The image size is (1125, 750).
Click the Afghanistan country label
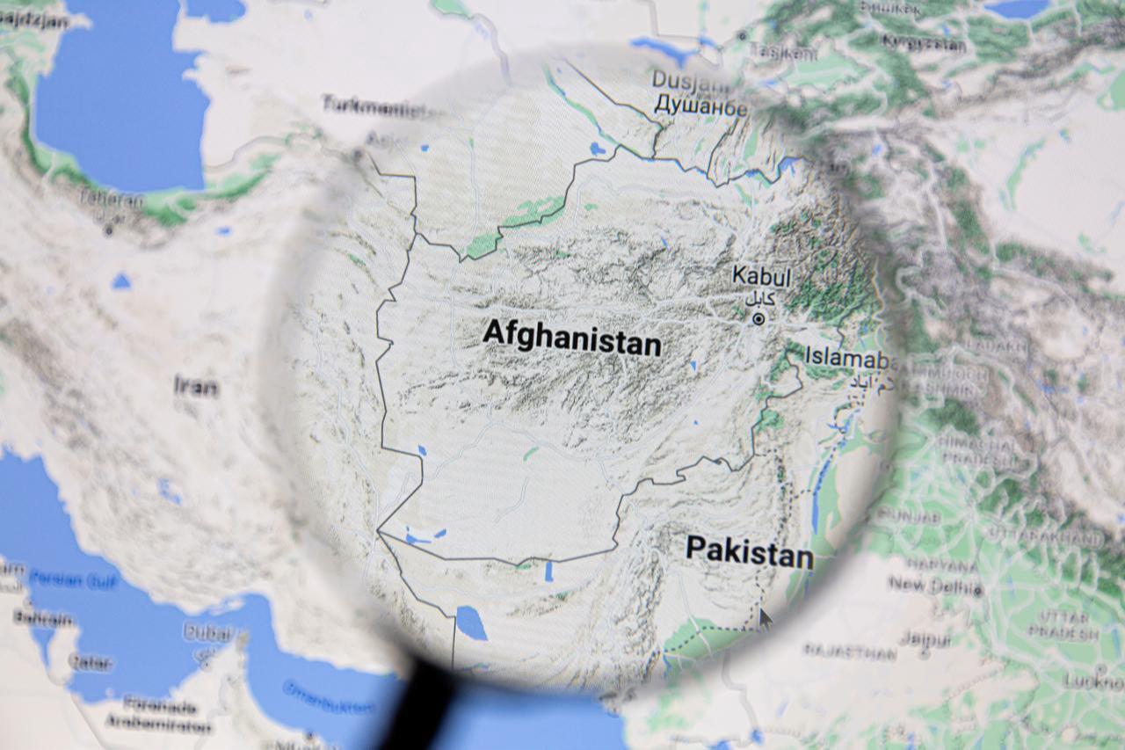[571, 337]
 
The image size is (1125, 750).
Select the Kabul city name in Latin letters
[761, 275]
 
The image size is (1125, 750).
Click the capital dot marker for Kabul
[758, 320]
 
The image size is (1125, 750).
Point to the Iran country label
[195, 385]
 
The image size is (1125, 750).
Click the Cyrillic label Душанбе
[700, 107]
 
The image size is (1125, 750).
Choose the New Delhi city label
[933, 584]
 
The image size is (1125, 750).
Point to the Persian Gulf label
[72, 579]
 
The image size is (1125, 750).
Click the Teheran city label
[111, 200]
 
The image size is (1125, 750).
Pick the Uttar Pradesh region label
[1063, 624]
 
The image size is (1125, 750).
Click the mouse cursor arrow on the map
[765, 618]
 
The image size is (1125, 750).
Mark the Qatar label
[91, 662]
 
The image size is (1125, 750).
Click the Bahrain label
[42, 618]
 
